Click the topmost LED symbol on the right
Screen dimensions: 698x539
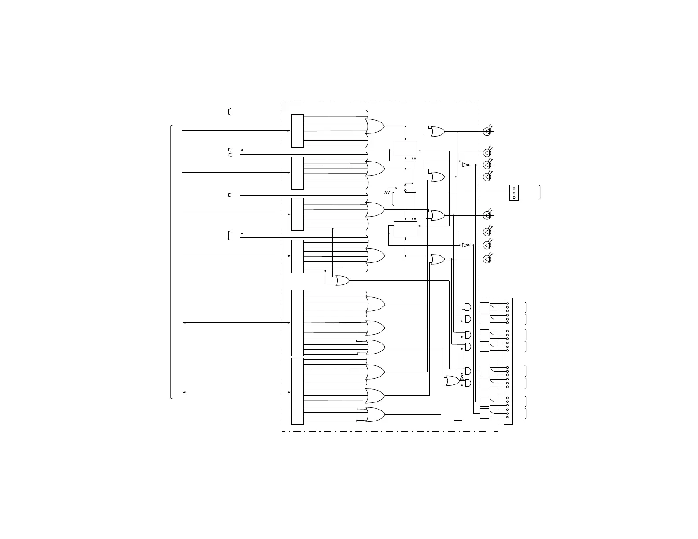pyautogui.click(x=487, y=131)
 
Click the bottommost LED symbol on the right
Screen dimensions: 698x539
pyautogui.click(x=487, y=259)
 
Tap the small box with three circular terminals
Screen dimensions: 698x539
pyautogui.click(x=514, y=193)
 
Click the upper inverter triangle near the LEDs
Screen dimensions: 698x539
pyautogui.click(x=465, y=165)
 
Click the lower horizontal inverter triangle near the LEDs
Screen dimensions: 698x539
pyautogui.click(x=465, y=245)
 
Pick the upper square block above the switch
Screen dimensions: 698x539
pyautogui.click(x=405, y=148)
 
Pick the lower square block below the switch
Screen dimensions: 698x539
pyautogui.click(x=405, y=229)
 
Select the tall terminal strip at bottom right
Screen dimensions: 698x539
pyautogui.click(x=508, y=361)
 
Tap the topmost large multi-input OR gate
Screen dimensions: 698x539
pyautogui.click(x=375, y=126)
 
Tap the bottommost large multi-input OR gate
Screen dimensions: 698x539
pyautogui.click(x=375, y=414)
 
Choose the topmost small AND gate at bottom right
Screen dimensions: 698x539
pyautogui.click(x=468, y=307)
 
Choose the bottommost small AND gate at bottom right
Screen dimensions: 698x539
pyautogui.click(x=468, y=384)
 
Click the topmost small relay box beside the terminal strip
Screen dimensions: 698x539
pyautogui.click(x=484, y=307)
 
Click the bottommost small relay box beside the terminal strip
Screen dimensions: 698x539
pyautogui.click(x=484, y=413)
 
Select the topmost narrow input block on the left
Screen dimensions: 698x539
pyautogui.click(x=297, y=131)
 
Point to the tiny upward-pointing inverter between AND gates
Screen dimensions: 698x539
pyautogui.click(x=461, y=378)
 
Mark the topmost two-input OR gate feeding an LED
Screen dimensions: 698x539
pyautogui.click(x=438, y=131)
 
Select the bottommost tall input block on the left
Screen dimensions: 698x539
pyautogui.click(x=297, y=391)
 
